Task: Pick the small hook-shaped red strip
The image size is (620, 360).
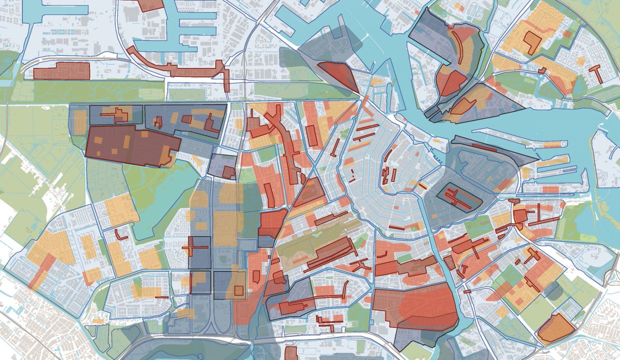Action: click(x=121, y=235)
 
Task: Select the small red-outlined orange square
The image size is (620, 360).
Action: click(x=238, y=290)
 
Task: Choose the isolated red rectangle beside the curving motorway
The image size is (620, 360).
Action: click(x=61, y=71)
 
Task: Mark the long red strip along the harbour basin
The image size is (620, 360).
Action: click(x=176, y=66)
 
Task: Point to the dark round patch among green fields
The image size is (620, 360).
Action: click(x=553, y=292)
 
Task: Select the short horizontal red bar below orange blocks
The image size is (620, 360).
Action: click(x=161, y=297)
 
